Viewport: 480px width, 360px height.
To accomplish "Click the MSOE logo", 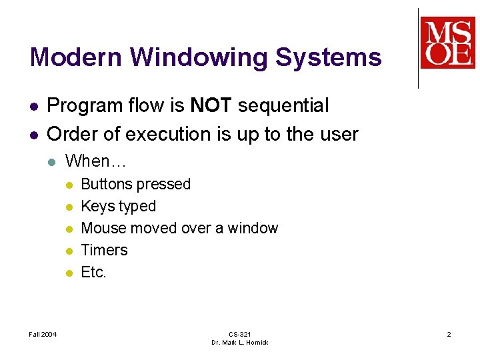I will click(447, 43).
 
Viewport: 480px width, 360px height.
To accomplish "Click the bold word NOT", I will click(211, 105).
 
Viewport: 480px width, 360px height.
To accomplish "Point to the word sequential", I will click(283, 105).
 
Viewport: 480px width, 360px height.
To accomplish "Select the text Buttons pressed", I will click(135, 184).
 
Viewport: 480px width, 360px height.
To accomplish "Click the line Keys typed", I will click(118, 206).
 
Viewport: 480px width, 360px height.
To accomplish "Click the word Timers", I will click(104, 250).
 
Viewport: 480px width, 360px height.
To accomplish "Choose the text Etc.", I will click(93, 272).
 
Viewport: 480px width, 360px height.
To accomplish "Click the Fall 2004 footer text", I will click(43, 334).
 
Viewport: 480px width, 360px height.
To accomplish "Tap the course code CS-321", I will click(239, 334).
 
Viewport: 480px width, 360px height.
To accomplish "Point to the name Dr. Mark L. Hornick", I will click(239, 343).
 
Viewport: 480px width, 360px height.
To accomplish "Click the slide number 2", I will click(449, 334).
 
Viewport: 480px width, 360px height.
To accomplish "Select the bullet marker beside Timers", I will click(69, 251).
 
